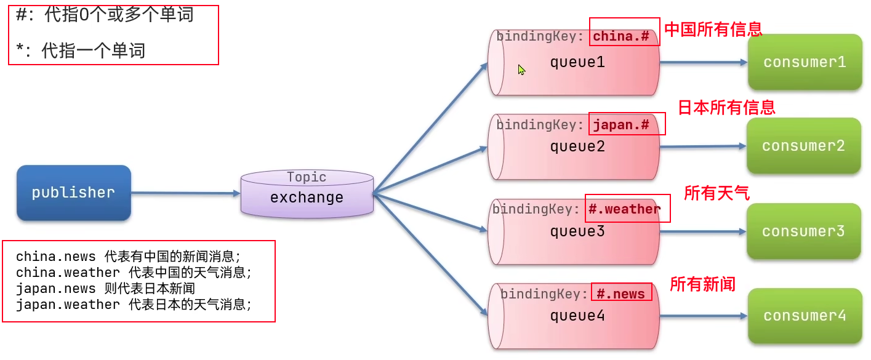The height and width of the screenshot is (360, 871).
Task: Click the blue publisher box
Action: click(x=74, y=193)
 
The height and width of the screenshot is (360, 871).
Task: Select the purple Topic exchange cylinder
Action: click(x=307, y=193)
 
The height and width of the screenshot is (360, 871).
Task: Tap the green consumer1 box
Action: click(x=805, y=62)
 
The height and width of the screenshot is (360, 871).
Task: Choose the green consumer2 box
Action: click(x=803, y=146)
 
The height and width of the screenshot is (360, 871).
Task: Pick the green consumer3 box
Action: click(x=803, y=231)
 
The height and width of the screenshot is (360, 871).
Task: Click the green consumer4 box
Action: click(x=805, y=316)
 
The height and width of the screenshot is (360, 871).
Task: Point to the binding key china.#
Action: click(x=621, y=36)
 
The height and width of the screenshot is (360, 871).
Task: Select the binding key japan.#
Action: click(x=621, y=125)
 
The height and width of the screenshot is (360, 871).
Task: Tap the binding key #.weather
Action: click(x=624, y=209)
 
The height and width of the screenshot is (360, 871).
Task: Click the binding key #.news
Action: click(x=620, y=294)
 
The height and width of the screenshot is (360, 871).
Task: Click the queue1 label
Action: click(x=577, y=62)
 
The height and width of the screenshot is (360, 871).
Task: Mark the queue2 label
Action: click(x=577, y=146)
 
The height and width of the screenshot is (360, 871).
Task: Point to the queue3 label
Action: click(x=577, y=231)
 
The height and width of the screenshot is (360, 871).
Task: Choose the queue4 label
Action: click(x=577, y=316)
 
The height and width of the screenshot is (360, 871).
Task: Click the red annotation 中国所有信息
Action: click(x=713, y=29)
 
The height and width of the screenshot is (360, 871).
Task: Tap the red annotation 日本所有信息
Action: click(x=726, y=108)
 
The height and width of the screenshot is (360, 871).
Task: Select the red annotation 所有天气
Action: click(x=716, y=193)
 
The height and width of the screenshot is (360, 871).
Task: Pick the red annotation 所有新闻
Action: click(x=702, y=284)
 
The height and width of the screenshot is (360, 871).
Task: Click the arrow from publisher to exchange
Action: click(x=185, y=193)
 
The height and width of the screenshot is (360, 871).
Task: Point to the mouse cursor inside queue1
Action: click(x=521, y=70)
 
